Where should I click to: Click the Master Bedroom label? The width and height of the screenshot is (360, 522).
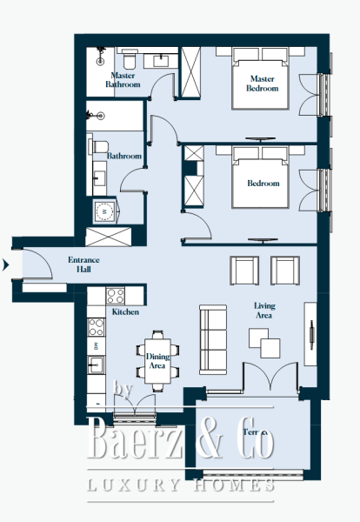(x=262, y=84)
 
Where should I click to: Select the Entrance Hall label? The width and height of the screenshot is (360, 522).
(x=84, y=264)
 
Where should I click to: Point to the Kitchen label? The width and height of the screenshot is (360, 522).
(x=125, y=311)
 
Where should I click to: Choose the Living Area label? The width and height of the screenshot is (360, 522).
(x=265, y=311)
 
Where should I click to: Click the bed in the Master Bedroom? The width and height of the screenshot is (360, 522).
(x=260, y=79)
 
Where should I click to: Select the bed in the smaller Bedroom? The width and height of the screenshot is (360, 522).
(x=260, y=178)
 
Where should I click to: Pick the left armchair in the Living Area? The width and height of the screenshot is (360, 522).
(x=243, y=271)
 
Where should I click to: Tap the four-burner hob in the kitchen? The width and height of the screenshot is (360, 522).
(x=97, y=329)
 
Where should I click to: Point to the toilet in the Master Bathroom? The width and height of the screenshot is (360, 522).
(x=129, y=60)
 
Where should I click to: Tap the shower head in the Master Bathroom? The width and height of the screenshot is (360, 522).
(x=101, y=62)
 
